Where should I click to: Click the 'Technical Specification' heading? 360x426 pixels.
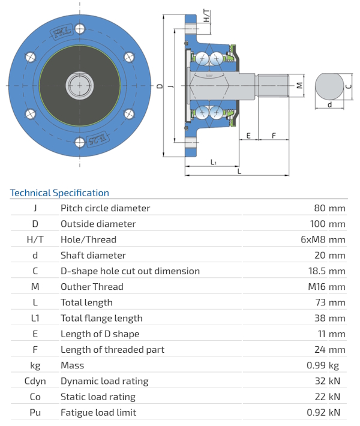pyautogui.click(x=59, y=193)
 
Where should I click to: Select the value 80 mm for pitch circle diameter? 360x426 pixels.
pyautogui.click(x=329, y=208)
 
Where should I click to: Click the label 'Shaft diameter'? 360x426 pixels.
pyautogui.click(x=93, y=255)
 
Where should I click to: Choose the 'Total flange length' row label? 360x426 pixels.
pyautogui.click(x=101, y=318)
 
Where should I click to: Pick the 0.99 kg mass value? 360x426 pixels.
pyautogui.click(x=328, y=365)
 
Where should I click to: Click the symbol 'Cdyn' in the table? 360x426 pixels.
pyautogui.click(x=35, y=381)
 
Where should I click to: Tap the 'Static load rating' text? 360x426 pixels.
pyautogui.click(x=98, y=397)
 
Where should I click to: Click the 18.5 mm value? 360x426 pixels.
pyautogui.click(x=325, y=271)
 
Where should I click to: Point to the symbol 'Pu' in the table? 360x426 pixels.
pyautogui.click(x=35, y=412)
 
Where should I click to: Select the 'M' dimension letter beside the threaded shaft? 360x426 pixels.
pyautogui.click(x=299, y=85)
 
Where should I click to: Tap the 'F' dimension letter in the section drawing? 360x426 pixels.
pyautogui.click(x=274, y=136)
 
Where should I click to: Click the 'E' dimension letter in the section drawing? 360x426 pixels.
pyautogui.click(x=248, y=136)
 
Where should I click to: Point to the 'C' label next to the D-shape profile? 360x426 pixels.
pyautogui.click(x=349, y=85)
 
